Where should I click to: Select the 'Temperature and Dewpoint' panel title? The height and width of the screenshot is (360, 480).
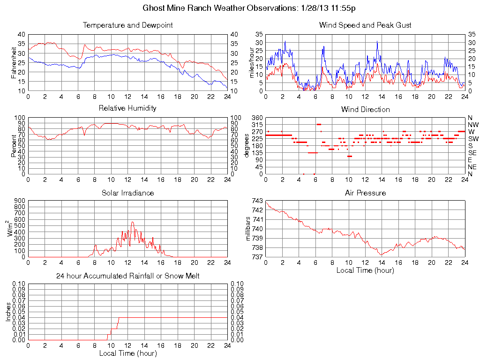click(127, 25)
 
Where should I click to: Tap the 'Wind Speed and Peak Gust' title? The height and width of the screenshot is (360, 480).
click(365, 25)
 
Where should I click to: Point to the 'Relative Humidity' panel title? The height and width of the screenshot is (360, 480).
click(127, 108)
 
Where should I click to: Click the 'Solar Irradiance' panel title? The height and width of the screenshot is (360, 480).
click(127, 193)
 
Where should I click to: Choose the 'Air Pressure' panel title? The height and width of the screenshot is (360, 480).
click(365, 193)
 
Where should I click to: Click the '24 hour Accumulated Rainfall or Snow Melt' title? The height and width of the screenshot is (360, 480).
click(127, 276)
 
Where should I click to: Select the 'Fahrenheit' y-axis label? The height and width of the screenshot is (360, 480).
click(15, 63)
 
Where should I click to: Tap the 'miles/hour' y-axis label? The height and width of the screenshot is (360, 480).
click(252, 63)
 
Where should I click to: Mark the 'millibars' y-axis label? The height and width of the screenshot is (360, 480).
click(250, 229)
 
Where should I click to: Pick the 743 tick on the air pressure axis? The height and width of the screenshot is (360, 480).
click(257, 201)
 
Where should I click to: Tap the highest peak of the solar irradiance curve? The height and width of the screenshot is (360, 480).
click(132, 222)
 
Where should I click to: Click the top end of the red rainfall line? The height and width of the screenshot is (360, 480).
click(119, 318)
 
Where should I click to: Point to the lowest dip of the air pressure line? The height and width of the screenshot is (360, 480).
click(381, 255)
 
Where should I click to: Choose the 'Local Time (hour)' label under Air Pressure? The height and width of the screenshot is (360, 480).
click(365, 270)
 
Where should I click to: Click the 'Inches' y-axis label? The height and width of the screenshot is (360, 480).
click(8, 312)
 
